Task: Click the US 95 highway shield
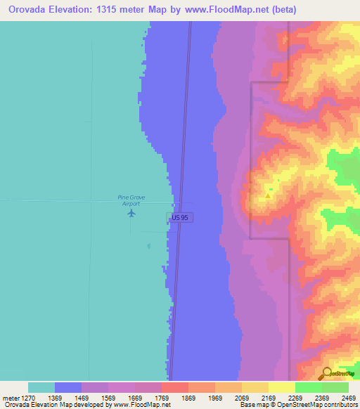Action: [179, 218]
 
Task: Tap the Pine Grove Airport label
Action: [131, 200]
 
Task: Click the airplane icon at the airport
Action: [131, 212]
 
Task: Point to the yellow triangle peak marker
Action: [267, 195]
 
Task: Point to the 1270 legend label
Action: [23, 398]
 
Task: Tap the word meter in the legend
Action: [9, 398]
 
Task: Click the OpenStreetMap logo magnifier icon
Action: [326, 373]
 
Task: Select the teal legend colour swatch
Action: [41, 387]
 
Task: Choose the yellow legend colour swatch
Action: [282, 387]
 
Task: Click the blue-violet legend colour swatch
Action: [68, 387]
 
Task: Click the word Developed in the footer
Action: [88, 405]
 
